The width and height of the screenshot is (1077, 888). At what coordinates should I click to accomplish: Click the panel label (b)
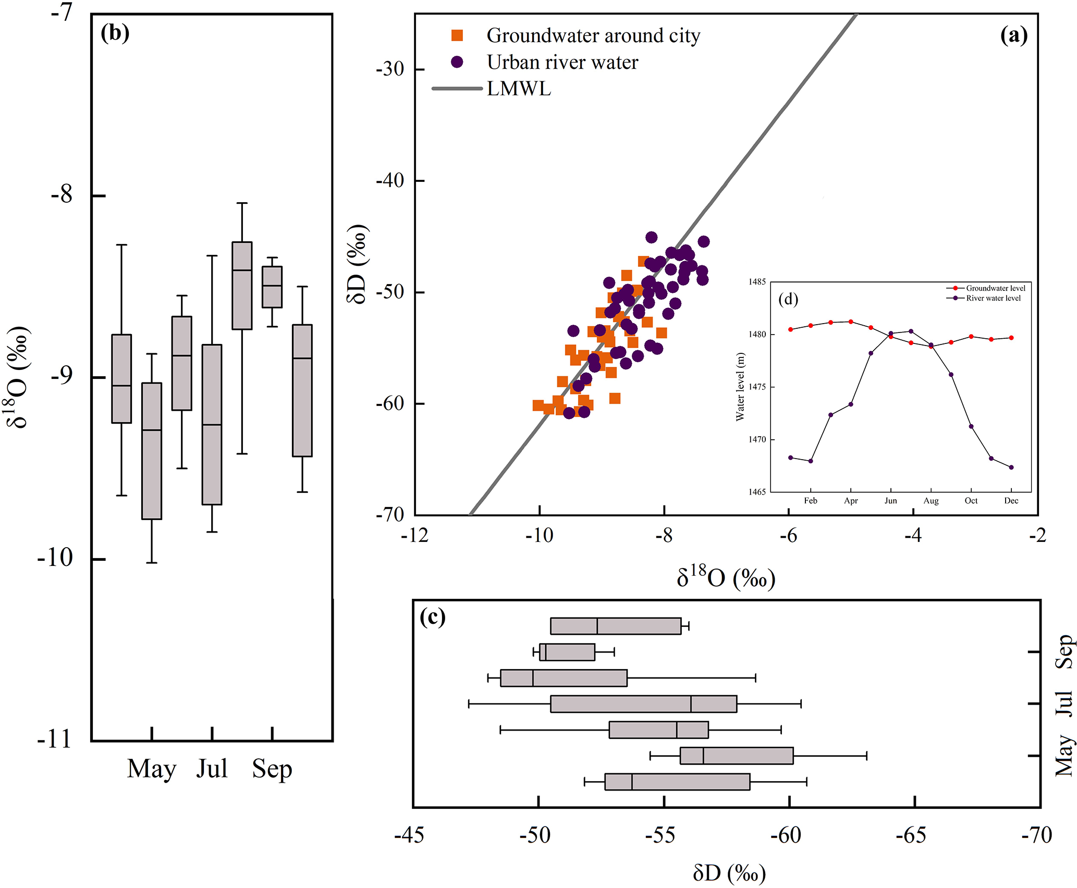tap(115, 33)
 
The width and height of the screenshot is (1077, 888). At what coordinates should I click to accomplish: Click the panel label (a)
tap(1013, 35)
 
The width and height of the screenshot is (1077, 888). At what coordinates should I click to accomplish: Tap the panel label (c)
tap(433, 617)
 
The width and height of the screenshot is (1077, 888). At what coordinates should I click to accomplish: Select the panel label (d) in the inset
tap(788, 299)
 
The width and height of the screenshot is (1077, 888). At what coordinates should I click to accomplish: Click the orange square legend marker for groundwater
tap(457, 35)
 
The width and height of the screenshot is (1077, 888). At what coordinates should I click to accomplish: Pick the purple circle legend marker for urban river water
tap(457, 62)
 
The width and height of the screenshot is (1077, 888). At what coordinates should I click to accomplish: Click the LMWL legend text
tap(519, 89)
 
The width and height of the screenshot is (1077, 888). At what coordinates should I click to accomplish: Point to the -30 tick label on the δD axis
tap(390, 69)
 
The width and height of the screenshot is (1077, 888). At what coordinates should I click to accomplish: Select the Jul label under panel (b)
tap(212, 769)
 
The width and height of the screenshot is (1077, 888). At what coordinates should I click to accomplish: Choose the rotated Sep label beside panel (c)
tap(1063, 651)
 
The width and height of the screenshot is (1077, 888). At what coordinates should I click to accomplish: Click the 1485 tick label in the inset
tap(757, 282)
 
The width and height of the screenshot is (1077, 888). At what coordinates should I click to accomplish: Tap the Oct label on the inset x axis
tap(971, 501)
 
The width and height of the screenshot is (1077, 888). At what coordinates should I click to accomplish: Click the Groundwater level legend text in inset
tap(995, 288)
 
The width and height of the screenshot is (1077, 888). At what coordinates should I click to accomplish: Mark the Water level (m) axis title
tap(740, 387)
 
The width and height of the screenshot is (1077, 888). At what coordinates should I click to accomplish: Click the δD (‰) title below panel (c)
tap(729, 873)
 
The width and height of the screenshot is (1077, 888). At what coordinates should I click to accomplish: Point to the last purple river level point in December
tap(1011, 467)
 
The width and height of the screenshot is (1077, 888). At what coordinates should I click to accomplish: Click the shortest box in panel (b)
tap(272, 287)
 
